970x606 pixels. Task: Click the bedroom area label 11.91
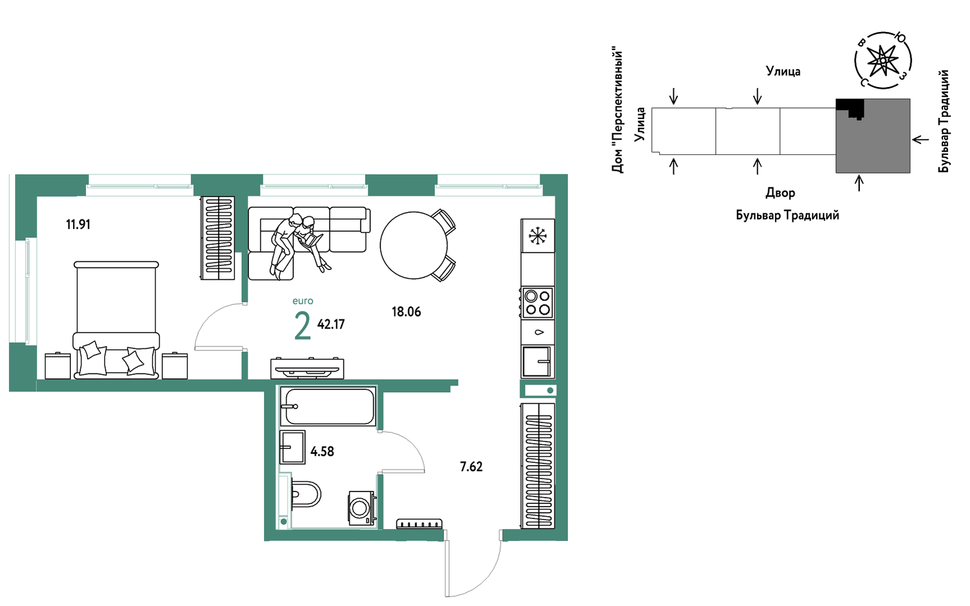click(78, 225)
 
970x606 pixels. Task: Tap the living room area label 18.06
click(406, 312)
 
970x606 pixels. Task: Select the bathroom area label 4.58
click(322, 452)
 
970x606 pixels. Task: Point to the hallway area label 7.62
click(471, 467)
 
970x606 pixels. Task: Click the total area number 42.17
click(331, 324)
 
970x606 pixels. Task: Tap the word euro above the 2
click(303, 301)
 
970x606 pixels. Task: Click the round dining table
click(414, 245)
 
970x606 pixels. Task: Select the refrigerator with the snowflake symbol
click(538, 236)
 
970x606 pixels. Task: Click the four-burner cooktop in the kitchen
click(538, 303)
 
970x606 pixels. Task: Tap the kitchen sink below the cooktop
click(537, 361)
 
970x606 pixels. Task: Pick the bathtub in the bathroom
click(328, 406)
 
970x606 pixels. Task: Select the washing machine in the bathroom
click(361, 508)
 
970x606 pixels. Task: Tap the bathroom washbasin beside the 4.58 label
click(292, 447)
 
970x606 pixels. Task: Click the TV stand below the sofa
click(307, 368)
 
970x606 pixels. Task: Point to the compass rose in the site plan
click(883, 60)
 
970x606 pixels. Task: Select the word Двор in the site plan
click(780, 193)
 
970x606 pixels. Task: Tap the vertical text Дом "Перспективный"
click(618, 110)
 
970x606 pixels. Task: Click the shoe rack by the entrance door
click(419, 524)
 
